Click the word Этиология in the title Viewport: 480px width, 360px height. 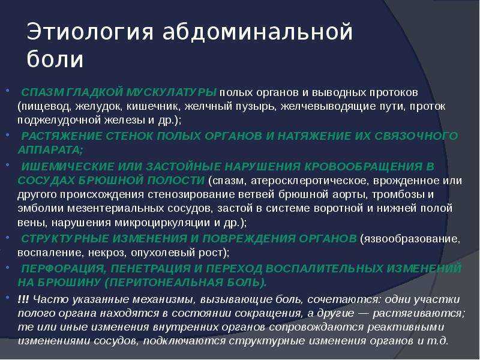coord(89,31)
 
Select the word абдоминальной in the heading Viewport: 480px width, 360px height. coord(258,32)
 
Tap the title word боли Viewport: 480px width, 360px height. coord(55,58)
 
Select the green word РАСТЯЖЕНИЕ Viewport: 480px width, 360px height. coord(62,136)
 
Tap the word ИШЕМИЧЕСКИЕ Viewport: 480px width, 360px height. coord(68,166)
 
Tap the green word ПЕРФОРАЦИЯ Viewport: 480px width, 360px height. coord(64,268)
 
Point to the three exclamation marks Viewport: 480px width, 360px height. coord(23,299)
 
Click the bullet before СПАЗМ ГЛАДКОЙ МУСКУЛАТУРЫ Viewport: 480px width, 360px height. coord(7,91)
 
